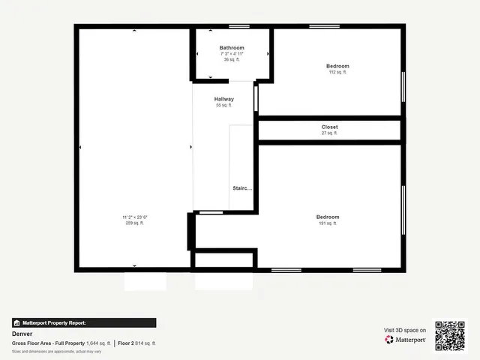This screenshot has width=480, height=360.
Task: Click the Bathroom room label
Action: pos(232,48)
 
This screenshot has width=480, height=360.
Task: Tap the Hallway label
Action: pos(224,99)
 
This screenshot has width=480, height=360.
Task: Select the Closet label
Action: pos(330,127)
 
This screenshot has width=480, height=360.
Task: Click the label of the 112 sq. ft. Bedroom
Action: pos(338,66)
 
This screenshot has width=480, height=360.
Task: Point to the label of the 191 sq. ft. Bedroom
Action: pos(328,217)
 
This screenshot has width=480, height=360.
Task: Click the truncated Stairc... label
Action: pos(242,188)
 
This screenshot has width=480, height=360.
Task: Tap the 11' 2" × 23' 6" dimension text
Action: pos(135,217)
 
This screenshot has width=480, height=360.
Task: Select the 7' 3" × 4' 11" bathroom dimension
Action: pos(232,54)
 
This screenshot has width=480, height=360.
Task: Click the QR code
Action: pos(450,335)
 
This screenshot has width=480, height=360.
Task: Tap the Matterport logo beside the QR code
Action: pos(406,340)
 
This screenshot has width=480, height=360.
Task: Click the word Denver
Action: pos(22,334)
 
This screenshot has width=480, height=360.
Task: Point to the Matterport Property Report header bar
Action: pos(84,323)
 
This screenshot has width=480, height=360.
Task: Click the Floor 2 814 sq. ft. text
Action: pos(136,343)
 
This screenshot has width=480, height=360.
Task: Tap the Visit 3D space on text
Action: pos(405,330)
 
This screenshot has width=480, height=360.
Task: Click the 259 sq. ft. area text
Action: pos(135,223)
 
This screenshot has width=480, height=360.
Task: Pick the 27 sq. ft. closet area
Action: pos(330,133)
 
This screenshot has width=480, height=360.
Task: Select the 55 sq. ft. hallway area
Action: pos(224,105)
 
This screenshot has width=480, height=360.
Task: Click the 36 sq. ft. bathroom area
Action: pos(232,59)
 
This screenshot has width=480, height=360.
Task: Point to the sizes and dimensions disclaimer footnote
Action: pos(56,351)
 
